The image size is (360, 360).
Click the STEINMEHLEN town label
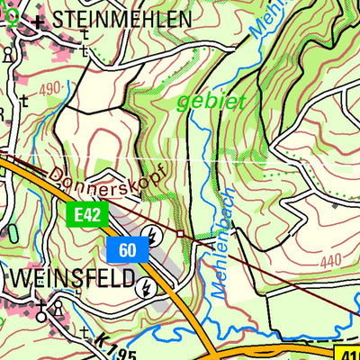coord(121,19)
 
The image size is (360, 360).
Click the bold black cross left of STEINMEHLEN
coord(37,19)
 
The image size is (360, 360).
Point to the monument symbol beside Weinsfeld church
coord(59,309)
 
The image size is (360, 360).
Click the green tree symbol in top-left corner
coord(9,12)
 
